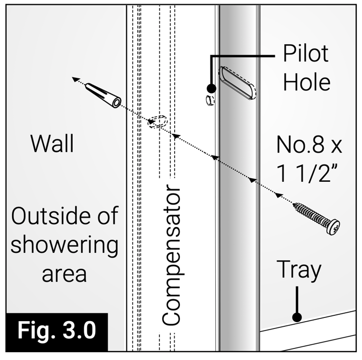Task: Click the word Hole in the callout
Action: (x=307, y=83)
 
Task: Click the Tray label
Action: (x=298, y=270)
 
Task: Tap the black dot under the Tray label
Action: (x=297, y=317)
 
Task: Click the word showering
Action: (x=64, y=246)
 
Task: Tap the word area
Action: (x=64, y=273)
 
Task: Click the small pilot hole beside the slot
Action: (x=209, y=99)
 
